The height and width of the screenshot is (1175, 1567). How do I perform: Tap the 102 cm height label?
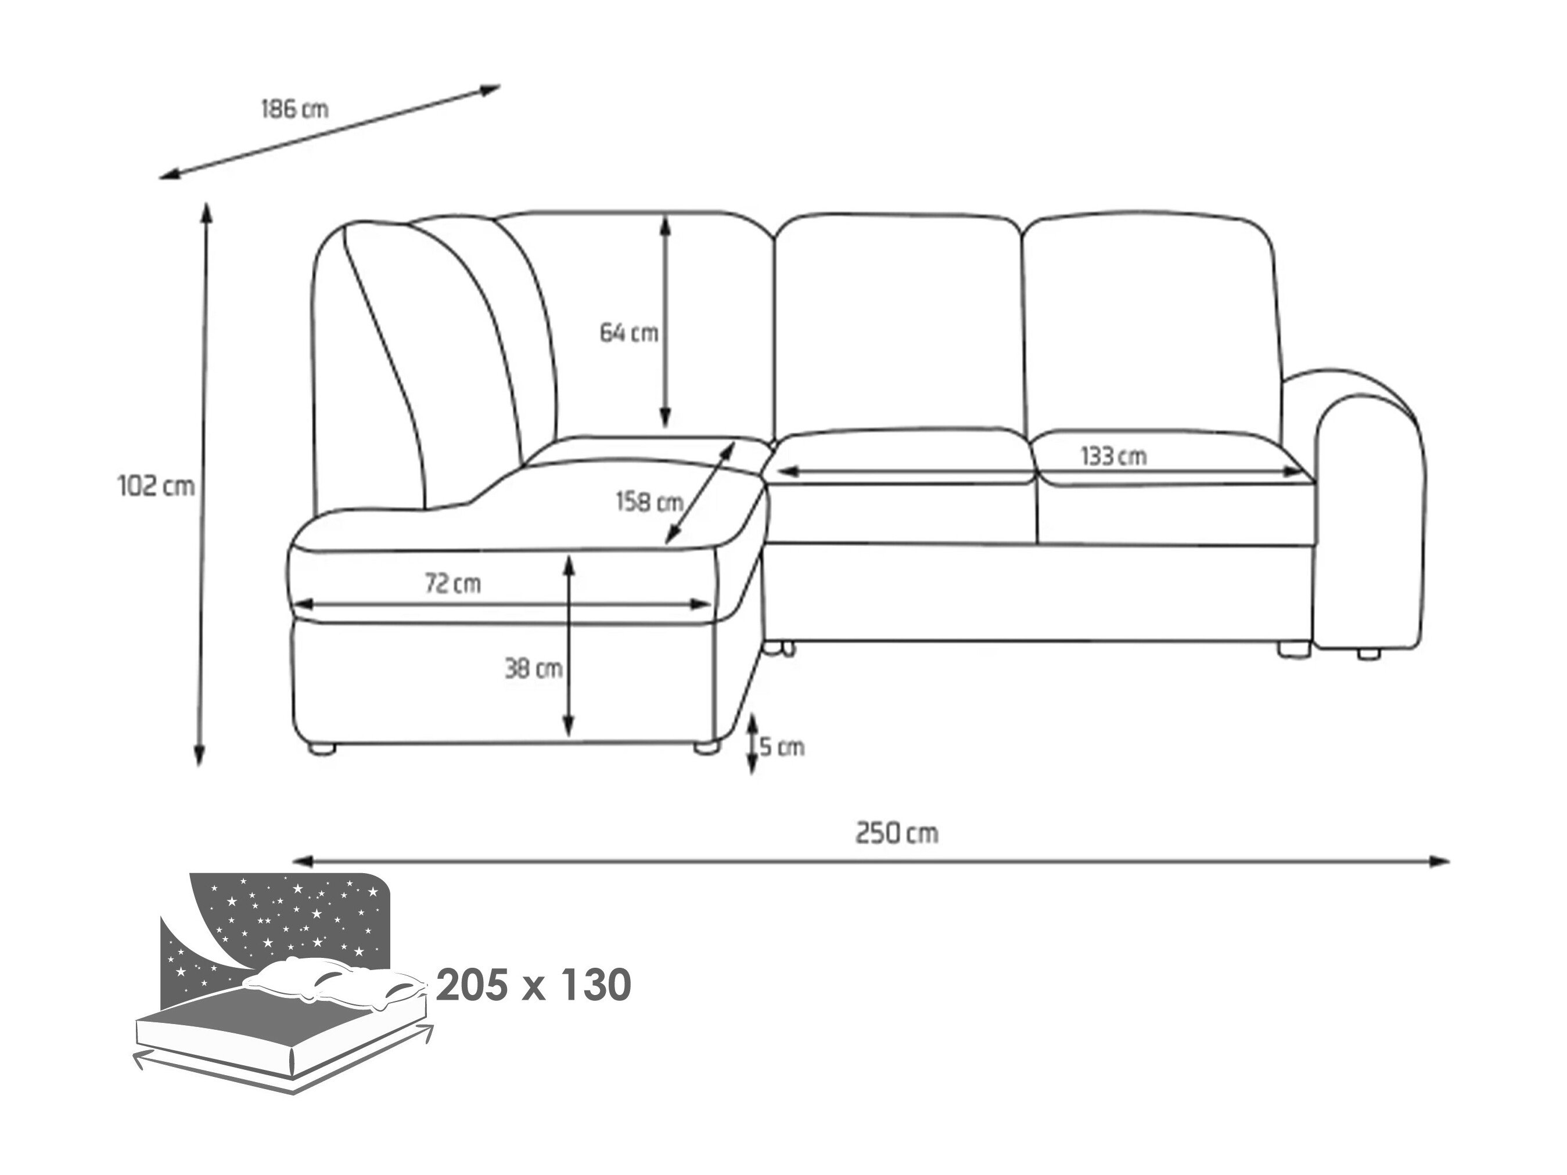tap(156, 486)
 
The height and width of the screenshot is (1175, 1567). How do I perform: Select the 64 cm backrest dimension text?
tap(629, 332)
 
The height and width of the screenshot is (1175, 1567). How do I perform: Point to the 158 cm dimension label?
tap(649, 502)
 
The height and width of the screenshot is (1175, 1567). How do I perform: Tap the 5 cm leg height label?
tap(782, 747)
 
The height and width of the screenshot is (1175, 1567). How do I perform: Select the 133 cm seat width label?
tap(1113, 456)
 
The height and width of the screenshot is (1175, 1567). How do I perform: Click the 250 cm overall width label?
tap(897, 833)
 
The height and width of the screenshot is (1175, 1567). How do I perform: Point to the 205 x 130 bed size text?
tap(533, 985)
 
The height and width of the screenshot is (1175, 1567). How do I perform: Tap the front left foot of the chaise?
tap(322, 749)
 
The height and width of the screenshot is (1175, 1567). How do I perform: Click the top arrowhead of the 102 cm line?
tap(207, 212)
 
